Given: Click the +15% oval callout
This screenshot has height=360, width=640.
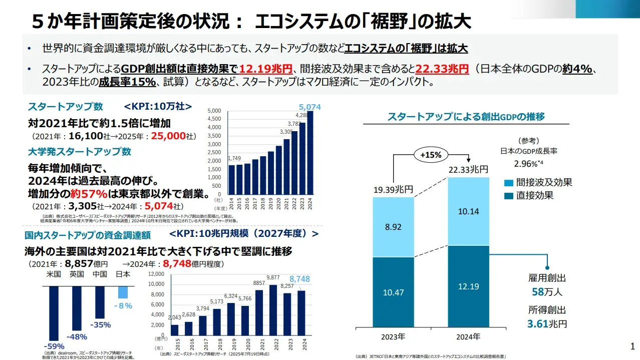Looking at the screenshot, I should [x=431, y=155].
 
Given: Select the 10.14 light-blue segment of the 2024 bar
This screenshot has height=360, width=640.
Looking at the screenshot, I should [x=468, y=211].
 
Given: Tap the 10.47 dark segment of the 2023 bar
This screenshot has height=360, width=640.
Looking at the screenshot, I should [x=393, y=292].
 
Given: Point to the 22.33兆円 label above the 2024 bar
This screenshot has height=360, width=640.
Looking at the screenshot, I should [x=468, y=170].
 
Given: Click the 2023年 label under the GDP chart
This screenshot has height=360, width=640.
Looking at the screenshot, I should [x=393, y=336].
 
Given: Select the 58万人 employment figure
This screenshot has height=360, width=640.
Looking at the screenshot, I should [x=547, y=292].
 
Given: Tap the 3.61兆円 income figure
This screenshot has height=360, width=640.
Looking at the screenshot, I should [x=547, y=324].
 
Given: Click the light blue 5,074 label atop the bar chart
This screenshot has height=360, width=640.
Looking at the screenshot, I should [x=309, y=107].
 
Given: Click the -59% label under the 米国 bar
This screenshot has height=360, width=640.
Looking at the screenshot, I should [x=54, y=346].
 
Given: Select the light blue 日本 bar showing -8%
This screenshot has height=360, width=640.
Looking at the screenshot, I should [x=123, y=292].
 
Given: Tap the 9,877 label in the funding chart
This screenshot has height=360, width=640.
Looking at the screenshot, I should [x=273, y=277].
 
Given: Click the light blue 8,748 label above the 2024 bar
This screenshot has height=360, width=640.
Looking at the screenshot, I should [x=299, y=279].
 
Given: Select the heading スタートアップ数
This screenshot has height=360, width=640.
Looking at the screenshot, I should [x=65, y=106].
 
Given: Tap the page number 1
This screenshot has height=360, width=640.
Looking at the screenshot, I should [x=632, y=346].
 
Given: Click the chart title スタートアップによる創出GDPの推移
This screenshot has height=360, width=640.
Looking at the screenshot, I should [x=466, y=116].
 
